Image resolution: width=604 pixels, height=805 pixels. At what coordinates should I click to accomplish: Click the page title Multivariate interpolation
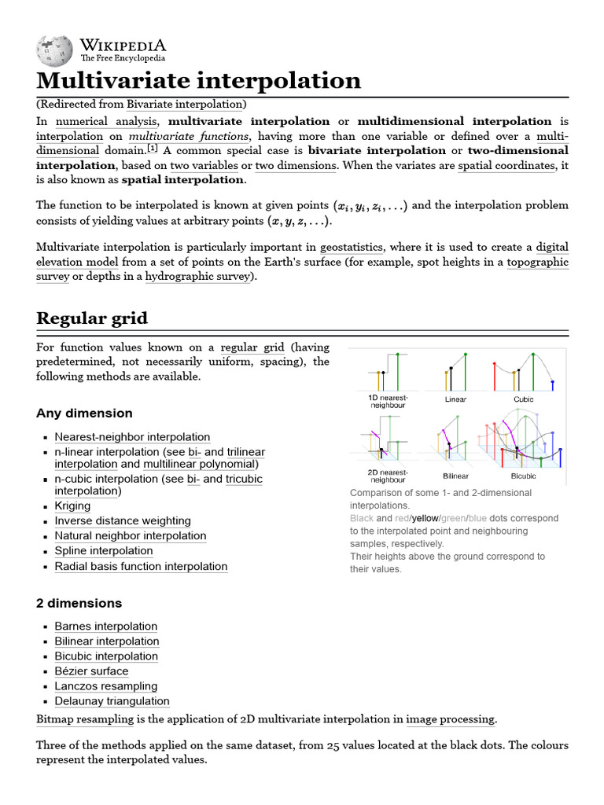198,80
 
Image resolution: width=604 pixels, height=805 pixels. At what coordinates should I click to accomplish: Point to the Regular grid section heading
92,318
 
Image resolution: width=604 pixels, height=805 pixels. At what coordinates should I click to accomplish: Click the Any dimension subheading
84,414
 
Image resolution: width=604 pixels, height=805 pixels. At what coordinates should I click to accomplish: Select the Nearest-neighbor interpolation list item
132,437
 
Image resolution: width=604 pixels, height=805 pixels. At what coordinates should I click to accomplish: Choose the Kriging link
72,506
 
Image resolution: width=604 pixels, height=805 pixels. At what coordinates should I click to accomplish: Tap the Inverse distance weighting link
122,521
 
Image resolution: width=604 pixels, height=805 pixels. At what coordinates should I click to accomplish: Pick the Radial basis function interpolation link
141,567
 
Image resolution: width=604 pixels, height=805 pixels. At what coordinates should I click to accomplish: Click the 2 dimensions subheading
79,604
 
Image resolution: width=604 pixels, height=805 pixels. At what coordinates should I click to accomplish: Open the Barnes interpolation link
105,627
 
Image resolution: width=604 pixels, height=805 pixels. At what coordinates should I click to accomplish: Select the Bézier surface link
91,671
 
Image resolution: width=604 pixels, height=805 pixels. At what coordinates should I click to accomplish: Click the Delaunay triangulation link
112,701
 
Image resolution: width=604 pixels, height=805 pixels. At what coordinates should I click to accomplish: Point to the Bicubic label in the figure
523,476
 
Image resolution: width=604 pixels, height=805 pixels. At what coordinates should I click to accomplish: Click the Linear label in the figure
455,399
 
